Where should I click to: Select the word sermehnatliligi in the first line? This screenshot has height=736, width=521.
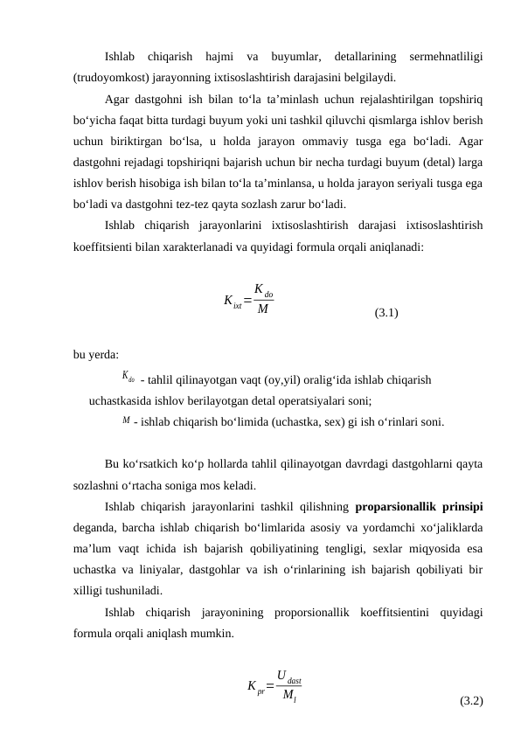[447, 57]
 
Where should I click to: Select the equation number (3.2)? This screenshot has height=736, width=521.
[471, 701]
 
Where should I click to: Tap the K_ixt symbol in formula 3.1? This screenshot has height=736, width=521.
[233, 302]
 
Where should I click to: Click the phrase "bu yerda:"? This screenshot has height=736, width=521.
[96, 354]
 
